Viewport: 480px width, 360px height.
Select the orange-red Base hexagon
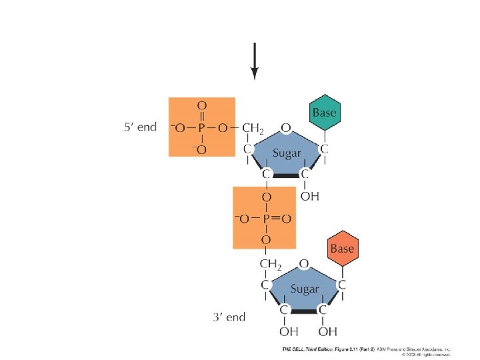(x=343, y=249)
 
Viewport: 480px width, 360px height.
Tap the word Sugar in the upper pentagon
(x=287, y=153)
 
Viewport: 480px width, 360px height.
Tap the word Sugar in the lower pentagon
(x=305, y=289)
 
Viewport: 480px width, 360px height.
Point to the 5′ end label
(x=140, y=127)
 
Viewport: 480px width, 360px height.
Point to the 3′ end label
(x=229, y=317)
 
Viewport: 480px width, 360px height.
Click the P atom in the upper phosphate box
(x=201, y=128)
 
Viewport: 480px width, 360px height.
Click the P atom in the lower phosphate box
(x=265, y=219)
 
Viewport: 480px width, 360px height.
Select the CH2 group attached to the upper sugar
(x=253, y=128)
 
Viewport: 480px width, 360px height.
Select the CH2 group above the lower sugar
(x=270, y=265)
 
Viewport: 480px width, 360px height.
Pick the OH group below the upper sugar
(x=309, y=197)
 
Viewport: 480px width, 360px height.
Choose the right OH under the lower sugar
(x=327, y=332)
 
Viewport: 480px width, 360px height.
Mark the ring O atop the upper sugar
(x=285, y=127)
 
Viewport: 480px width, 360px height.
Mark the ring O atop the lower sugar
(x=303, y=264)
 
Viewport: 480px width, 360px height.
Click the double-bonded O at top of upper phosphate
(x=201, y=105)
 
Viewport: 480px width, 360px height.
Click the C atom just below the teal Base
(x=325, y=149)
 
